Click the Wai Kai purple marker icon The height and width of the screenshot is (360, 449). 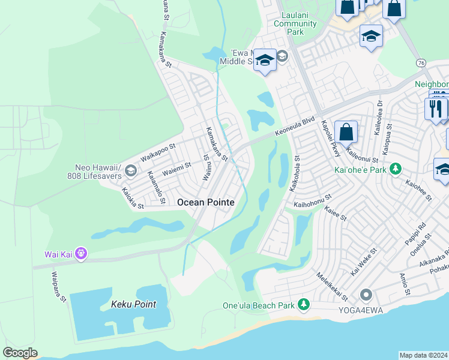click(x=81, y=254)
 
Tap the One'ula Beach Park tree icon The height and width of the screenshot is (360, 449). click(x=304, y=305)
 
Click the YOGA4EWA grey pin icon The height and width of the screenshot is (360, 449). click(x=366, y=295)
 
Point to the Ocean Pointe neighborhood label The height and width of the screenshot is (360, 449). click(x=206, y=203)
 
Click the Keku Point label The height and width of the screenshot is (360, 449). click(x=133, y=304)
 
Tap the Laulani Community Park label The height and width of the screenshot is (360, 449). click(x=295, y=24)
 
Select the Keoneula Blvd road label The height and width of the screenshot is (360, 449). click(x=295, y=128)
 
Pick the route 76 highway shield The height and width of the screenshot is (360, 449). click(x=420, y=63)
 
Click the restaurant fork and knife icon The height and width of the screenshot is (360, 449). click(x=435, y=108)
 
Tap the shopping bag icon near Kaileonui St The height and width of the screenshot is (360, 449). click(x=346, y=131)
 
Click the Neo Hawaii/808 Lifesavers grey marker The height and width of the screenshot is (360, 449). click(x=130, y=172)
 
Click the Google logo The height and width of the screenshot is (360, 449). click(x=20, y=353)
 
